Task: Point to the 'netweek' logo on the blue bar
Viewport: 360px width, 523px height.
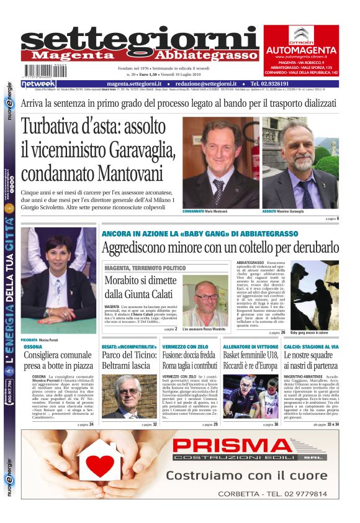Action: [38, 83]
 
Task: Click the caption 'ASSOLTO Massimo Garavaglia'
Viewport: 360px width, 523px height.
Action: [289, 212]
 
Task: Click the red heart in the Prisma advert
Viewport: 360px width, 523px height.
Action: [100, 465]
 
